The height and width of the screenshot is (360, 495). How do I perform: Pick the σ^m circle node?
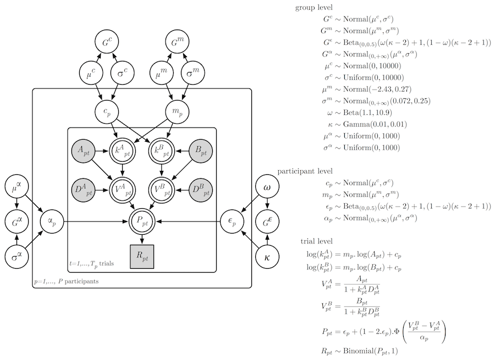194,73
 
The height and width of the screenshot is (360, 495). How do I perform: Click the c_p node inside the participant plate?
108,111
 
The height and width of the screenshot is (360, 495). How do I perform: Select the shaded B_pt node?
201,151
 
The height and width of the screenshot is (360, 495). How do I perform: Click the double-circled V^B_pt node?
162,189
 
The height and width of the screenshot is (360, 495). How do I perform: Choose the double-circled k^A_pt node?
123,151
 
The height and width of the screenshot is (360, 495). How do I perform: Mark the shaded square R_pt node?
142,257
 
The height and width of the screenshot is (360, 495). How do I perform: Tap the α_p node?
53,223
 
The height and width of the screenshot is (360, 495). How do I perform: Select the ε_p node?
231,223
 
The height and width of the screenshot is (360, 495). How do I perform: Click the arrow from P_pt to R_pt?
142,240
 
